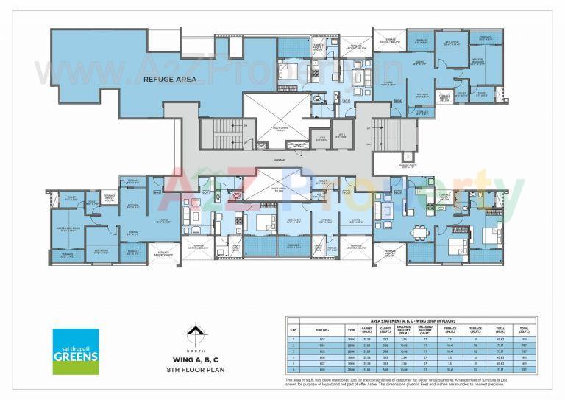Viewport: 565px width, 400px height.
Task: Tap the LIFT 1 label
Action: click(x=321, y=137)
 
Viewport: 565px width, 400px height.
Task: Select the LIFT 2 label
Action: click(x=341, y=136)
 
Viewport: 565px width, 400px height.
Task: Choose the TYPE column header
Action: click(x=351, y=331)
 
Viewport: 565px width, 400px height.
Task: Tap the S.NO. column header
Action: click(x=292, y=331)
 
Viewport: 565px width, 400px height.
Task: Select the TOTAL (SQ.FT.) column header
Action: click(x=525, y=331)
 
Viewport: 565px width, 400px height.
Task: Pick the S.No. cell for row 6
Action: click(x=292, y=371)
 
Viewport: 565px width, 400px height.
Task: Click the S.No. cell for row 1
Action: click(x=292, y=340)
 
